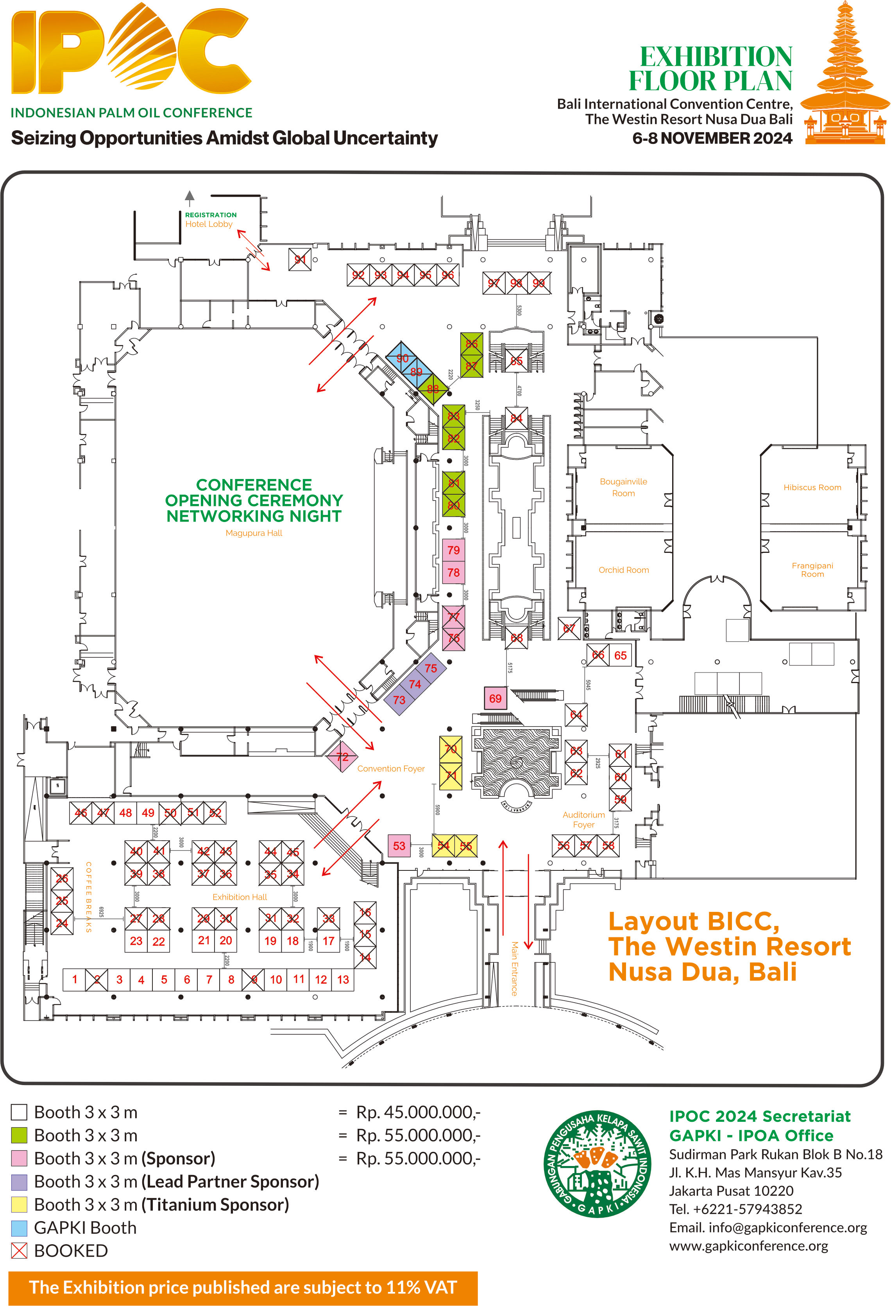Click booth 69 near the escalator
tap(495, 698)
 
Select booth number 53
tap(399, 846)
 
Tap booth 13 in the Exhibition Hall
tap(343, 979)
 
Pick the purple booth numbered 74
tap(415, 684)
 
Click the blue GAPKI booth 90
tap(402, 358)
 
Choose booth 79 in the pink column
tap(453, 550)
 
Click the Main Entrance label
tap(513, 968)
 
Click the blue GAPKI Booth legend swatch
tap(19, 1228)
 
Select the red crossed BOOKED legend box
tap(19, 1251)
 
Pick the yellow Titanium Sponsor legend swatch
tap(19, 1204)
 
